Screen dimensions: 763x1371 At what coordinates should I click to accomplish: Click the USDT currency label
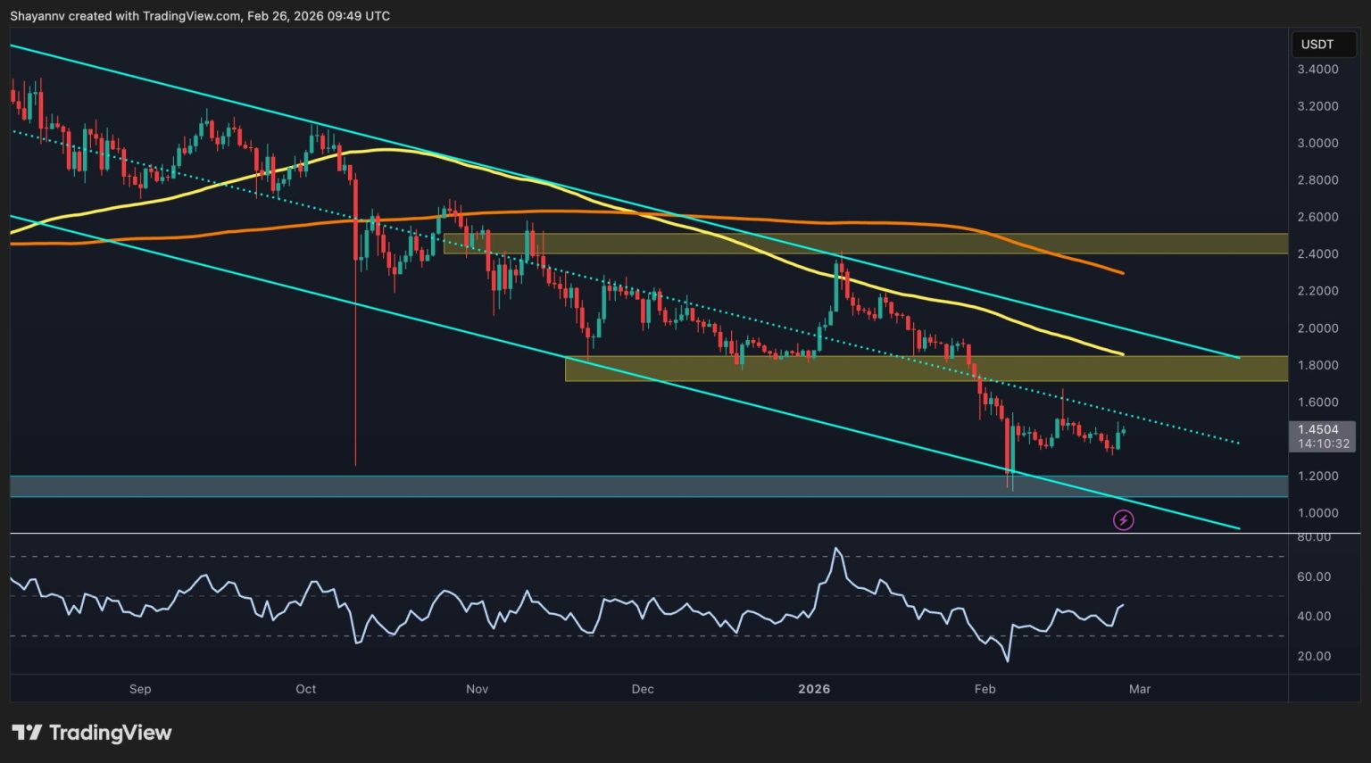click(1317, 45)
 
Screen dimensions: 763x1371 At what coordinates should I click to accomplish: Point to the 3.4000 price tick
click(1317, 70)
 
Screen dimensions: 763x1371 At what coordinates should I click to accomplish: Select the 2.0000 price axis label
click(1317, 328)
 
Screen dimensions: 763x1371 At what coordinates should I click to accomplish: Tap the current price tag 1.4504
click(1317, 429)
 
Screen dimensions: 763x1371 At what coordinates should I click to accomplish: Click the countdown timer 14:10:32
click(1317, 444)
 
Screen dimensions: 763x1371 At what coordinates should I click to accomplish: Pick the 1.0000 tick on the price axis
click(1317, 513)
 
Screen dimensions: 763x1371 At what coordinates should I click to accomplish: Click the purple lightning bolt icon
click(1124, 519)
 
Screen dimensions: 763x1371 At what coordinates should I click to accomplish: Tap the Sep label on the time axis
click(140, 689)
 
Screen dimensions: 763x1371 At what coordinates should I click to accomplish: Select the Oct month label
click(306, 689)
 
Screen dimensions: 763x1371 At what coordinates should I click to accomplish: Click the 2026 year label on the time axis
click(814, 689)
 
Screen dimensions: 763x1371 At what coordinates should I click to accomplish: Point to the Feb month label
click(985, 689)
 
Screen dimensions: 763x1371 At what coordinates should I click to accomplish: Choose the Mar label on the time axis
click(1140, 689)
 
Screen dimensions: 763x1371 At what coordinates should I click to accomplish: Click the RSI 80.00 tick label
click(1314, 537)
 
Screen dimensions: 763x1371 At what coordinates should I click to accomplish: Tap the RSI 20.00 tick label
click(1314, 656)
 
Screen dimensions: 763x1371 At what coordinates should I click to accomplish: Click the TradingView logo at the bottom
click(92, 733)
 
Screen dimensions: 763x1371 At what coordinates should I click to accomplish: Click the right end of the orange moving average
click(1123, 272)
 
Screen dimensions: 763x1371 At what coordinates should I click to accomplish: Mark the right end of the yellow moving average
click(1123, 354)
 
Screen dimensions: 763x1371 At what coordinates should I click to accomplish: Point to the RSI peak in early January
click(836, 548)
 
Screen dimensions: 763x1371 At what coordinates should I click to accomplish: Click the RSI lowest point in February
click(1008, 661)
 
